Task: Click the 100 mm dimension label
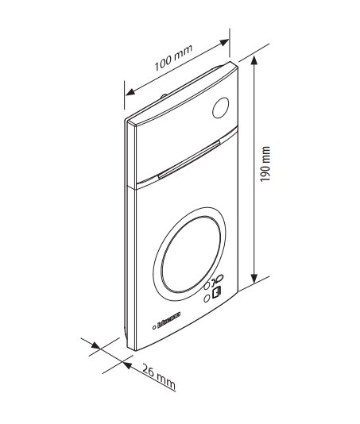click(173, 58)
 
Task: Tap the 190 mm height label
click(265, 164)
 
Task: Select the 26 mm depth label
click(159, 377)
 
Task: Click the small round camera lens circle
click(221, 108)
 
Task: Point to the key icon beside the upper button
click(218, 279)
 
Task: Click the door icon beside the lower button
click(216, 292)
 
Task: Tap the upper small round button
click(207, 286)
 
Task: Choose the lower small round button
click(207, 299)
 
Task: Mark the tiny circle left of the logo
click(154, 328)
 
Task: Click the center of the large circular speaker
click(189, 254)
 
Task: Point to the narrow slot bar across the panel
click(189, 160)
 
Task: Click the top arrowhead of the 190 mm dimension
click(254, 60)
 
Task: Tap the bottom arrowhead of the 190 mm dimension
click(254, 279)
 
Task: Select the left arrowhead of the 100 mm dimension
click(131, 92)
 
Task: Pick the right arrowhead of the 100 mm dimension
click(224, 43)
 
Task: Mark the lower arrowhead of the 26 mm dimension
click(126, 365)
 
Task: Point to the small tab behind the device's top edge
click(164, 96)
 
